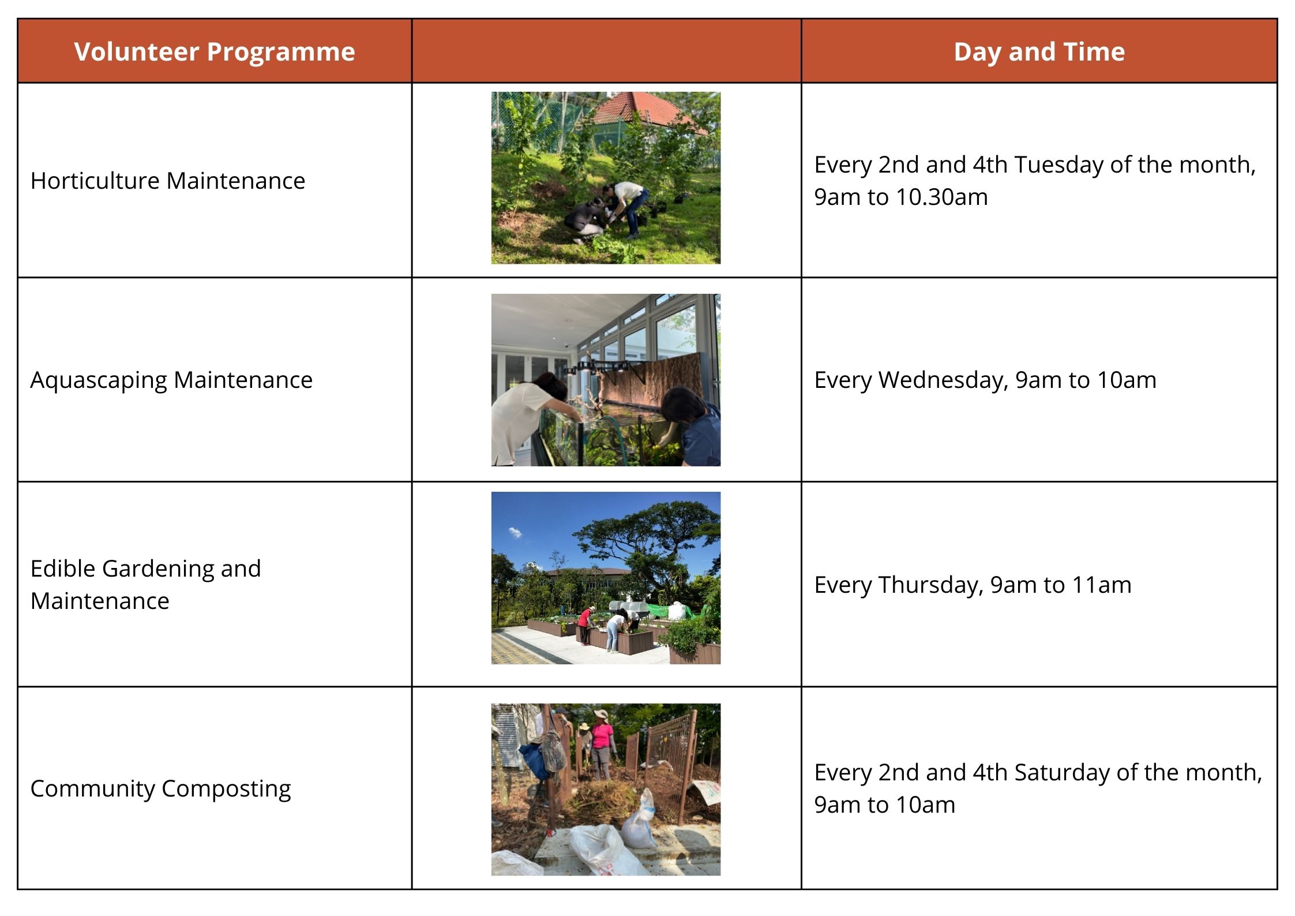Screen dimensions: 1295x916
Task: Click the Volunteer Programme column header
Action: pyautogui.click(x=215, y=52)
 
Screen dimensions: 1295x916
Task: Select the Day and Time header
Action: pyautogui.click(x=1039, y=52)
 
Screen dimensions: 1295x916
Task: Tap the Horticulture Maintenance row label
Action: pyautogui.click(x=168, y=181)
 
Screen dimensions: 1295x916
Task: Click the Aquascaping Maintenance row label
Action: pyautogui.click(x=171, y=380)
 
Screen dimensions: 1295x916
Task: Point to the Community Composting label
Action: pyautogui.click(x=160, y=789)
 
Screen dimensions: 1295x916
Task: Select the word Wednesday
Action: pyautogui.click(x=943, y=380)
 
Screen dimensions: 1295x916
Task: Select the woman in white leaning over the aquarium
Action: pyautogui.click(x=528, y=418)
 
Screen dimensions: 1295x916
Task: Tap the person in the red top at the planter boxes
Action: pyautogui.click(x=585, y=625)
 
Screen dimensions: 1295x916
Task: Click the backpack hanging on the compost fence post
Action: pyautogui.click(x=553, y=750)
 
